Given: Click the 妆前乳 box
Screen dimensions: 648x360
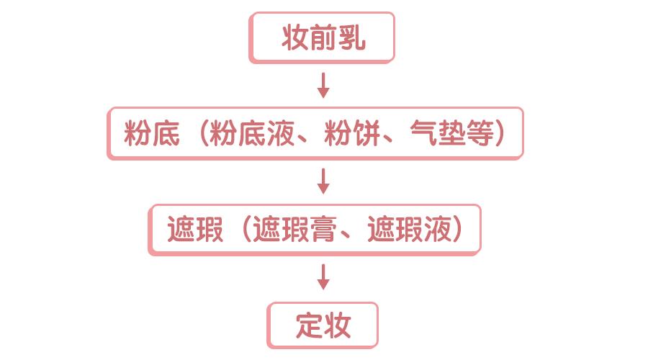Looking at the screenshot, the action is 322,37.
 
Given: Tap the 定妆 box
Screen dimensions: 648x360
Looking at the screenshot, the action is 323,325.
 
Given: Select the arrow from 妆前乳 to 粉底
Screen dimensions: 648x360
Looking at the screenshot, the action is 323,86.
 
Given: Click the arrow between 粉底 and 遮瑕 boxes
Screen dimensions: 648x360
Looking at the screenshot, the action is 323,181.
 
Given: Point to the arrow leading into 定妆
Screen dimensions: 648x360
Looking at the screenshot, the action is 323,277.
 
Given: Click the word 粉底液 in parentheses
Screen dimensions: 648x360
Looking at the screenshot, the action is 252,133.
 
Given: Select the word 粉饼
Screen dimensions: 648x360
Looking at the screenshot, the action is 351,133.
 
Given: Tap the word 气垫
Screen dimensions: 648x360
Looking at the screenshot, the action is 438,133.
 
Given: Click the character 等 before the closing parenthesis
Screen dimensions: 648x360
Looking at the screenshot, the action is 480,133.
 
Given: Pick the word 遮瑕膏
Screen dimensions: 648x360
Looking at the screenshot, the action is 294,229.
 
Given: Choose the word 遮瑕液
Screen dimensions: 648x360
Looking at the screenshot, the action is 409,229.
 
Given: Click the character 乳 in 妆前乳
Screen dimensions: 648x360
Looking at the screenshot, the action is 352,37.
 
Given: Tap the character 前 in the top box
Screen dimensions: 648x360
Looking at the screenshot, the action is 323,37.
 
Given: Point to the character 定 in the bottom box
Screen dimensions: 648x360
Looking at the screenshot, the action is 309,325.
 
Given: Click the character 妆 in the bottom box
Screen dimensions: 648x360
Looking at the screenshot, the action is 338,325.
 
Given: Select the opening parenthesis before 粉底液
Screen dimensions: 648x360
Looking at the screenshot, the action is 203,133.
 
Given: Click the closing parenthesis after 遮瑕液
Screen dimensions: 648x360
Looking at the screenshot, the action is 457,229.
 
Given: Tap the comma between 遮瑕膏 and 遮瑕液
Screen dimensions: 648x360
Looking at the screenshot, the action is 345,235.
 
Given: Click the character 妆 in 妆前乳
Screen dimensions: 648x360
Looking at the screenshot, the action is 295,37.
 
